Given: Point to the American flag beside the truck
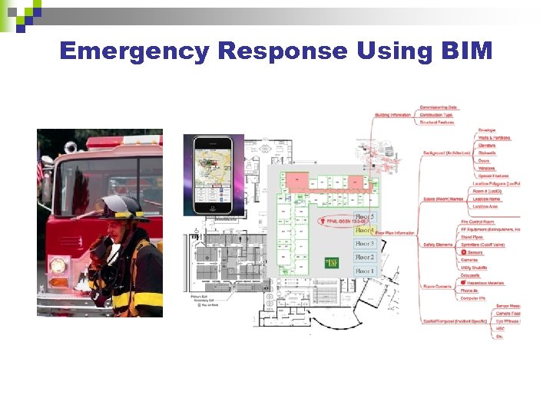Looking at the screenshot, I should pyautogui.click(x=41, y=165).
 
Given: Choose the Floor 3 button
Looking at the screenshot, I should pyautogui.click(x=365, y=244).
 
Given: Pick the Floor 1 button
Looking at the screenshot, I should pyautogui.click(x=365, y=271).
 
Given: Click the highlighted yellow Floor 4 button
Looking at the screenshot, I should pyautogui.click(x=365, y=230).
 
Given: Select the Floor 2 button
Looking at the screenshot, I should pyautogui.click(x=365, y=258).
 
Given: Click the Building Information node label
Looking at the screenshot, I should pyautogui.click(x=392, y=115).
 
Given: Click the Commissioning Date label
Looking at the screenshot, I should pyautogui.click(x=439, y=107).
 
